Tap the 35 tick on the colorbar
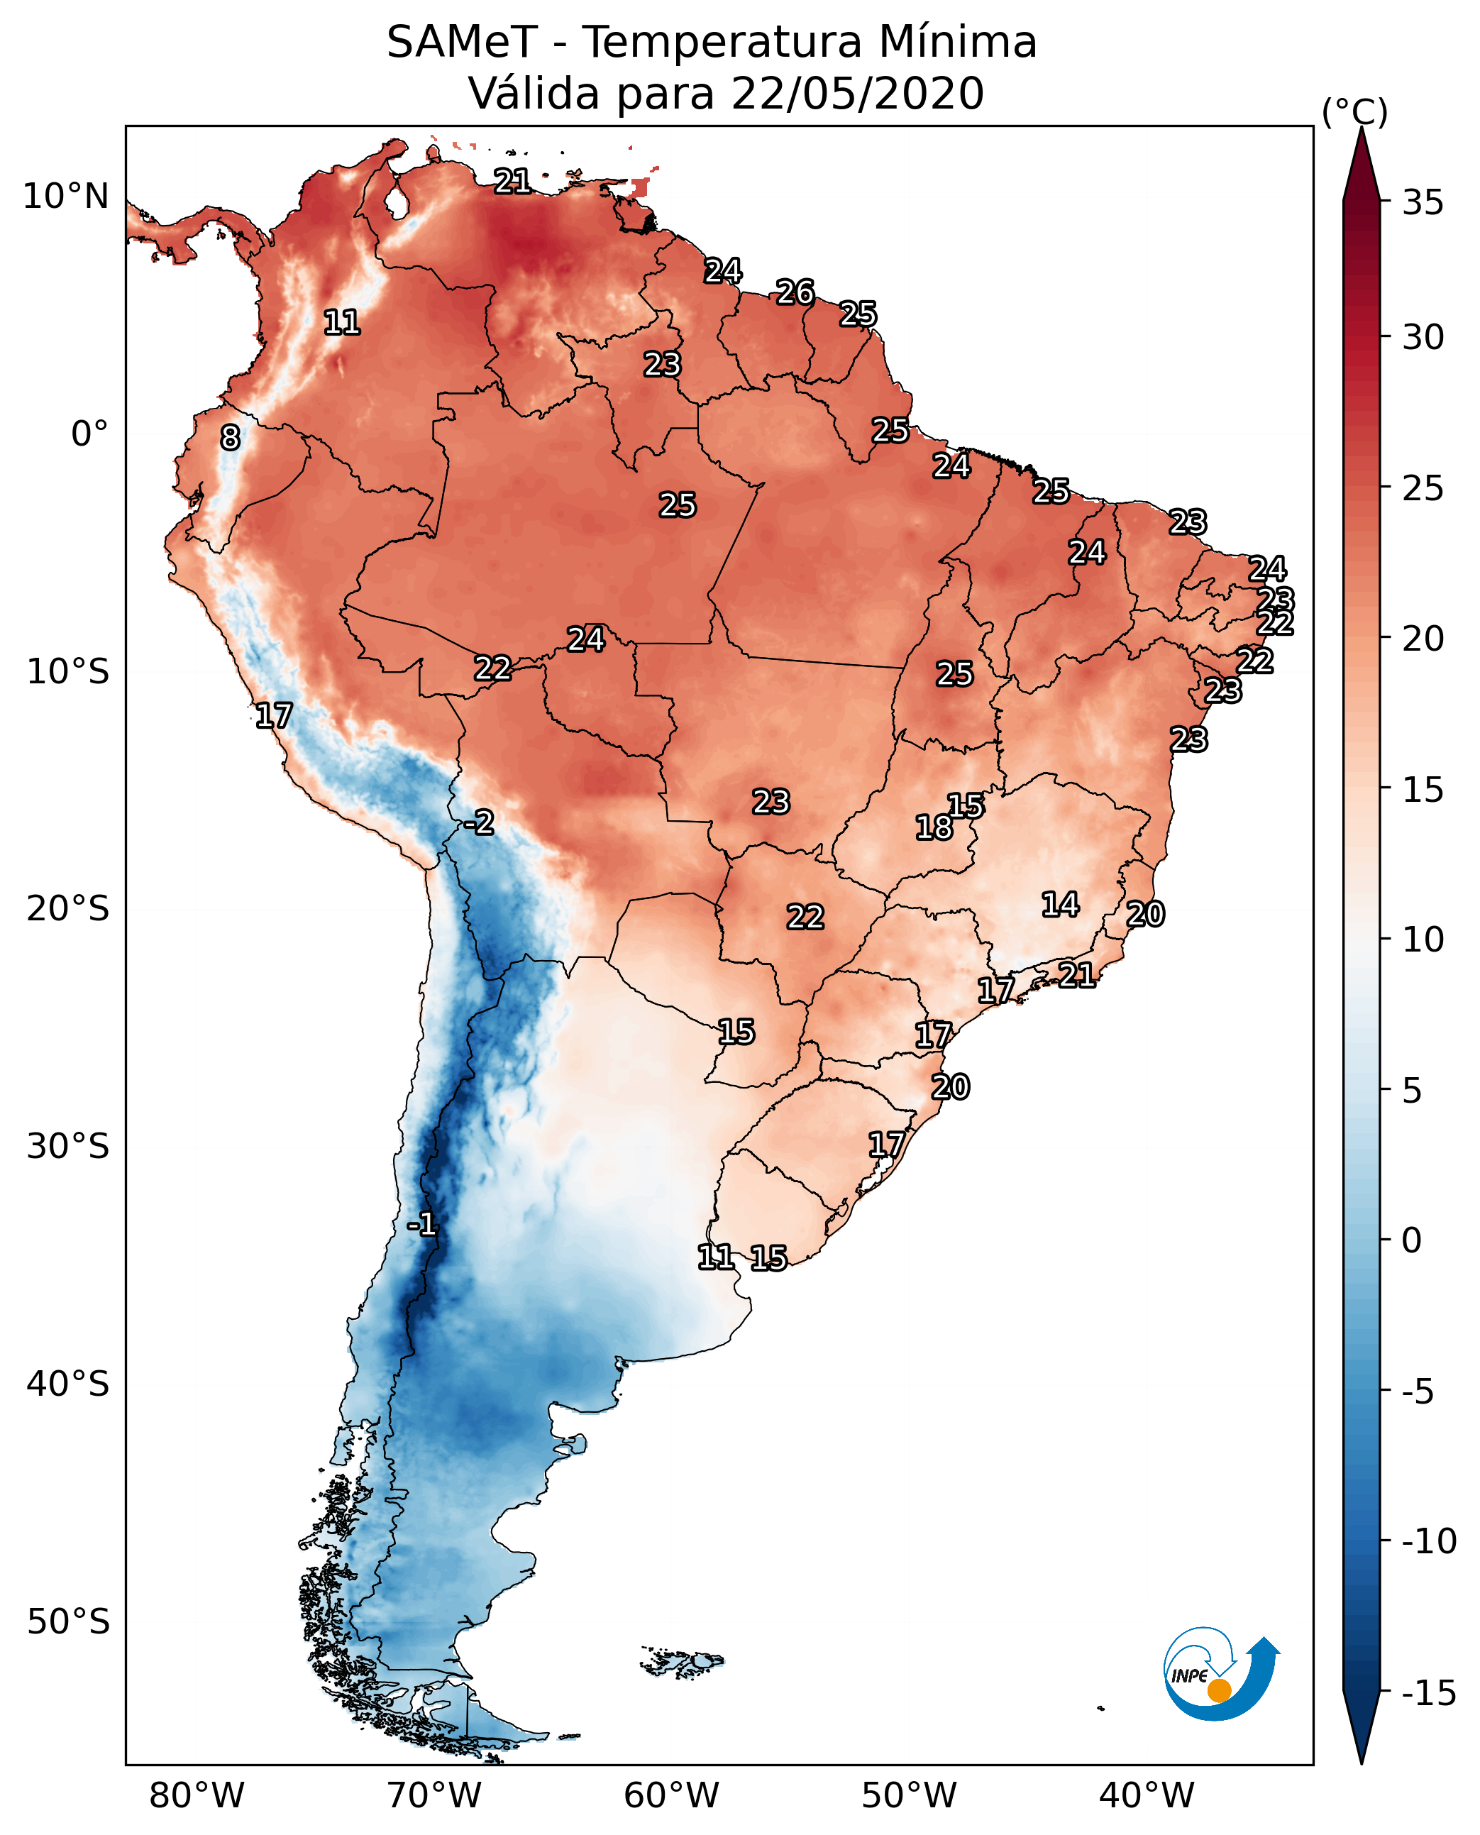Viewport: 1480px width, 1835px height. [x=1423, y=203]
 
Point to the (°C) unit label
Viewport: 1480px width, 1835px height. [x=1354, y=111]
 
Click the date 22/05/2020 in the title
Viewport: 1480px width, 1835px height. [x=858, y=93]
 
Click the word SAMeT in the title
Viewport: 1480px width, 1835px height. [x=462, y=42]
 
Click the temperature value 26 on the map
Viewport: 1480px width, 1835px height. [x=795, y=292]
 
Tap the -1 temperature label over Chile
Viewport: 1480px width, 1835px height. [x=421, y=1225]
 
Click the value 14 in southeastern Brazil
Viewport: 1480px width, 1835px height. [x=1060, y=904]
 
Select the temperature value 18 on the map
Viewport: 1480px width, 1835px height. [x=934, y=827]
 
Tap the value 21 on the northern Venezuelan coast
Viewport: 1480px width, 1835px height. [x=512, y=181]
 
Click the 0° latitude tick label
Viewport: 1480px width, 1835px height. [x=89, y=434]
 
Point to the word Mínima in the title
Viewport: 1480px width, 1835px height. [x=957, y=42]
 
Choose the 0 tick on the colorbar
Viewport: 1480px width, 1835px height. [x=1412, y=1240]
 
